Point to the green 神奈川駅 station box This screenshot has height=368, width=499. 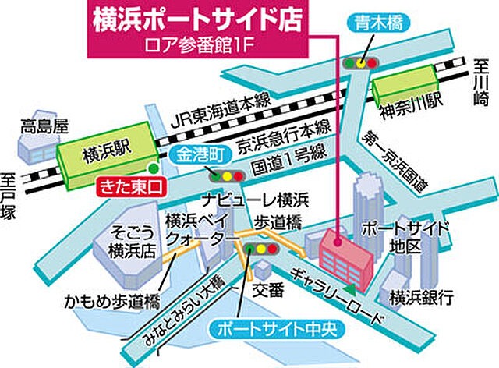[405, 87]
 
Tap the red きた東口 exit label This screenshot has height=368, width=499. [130, 187]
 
